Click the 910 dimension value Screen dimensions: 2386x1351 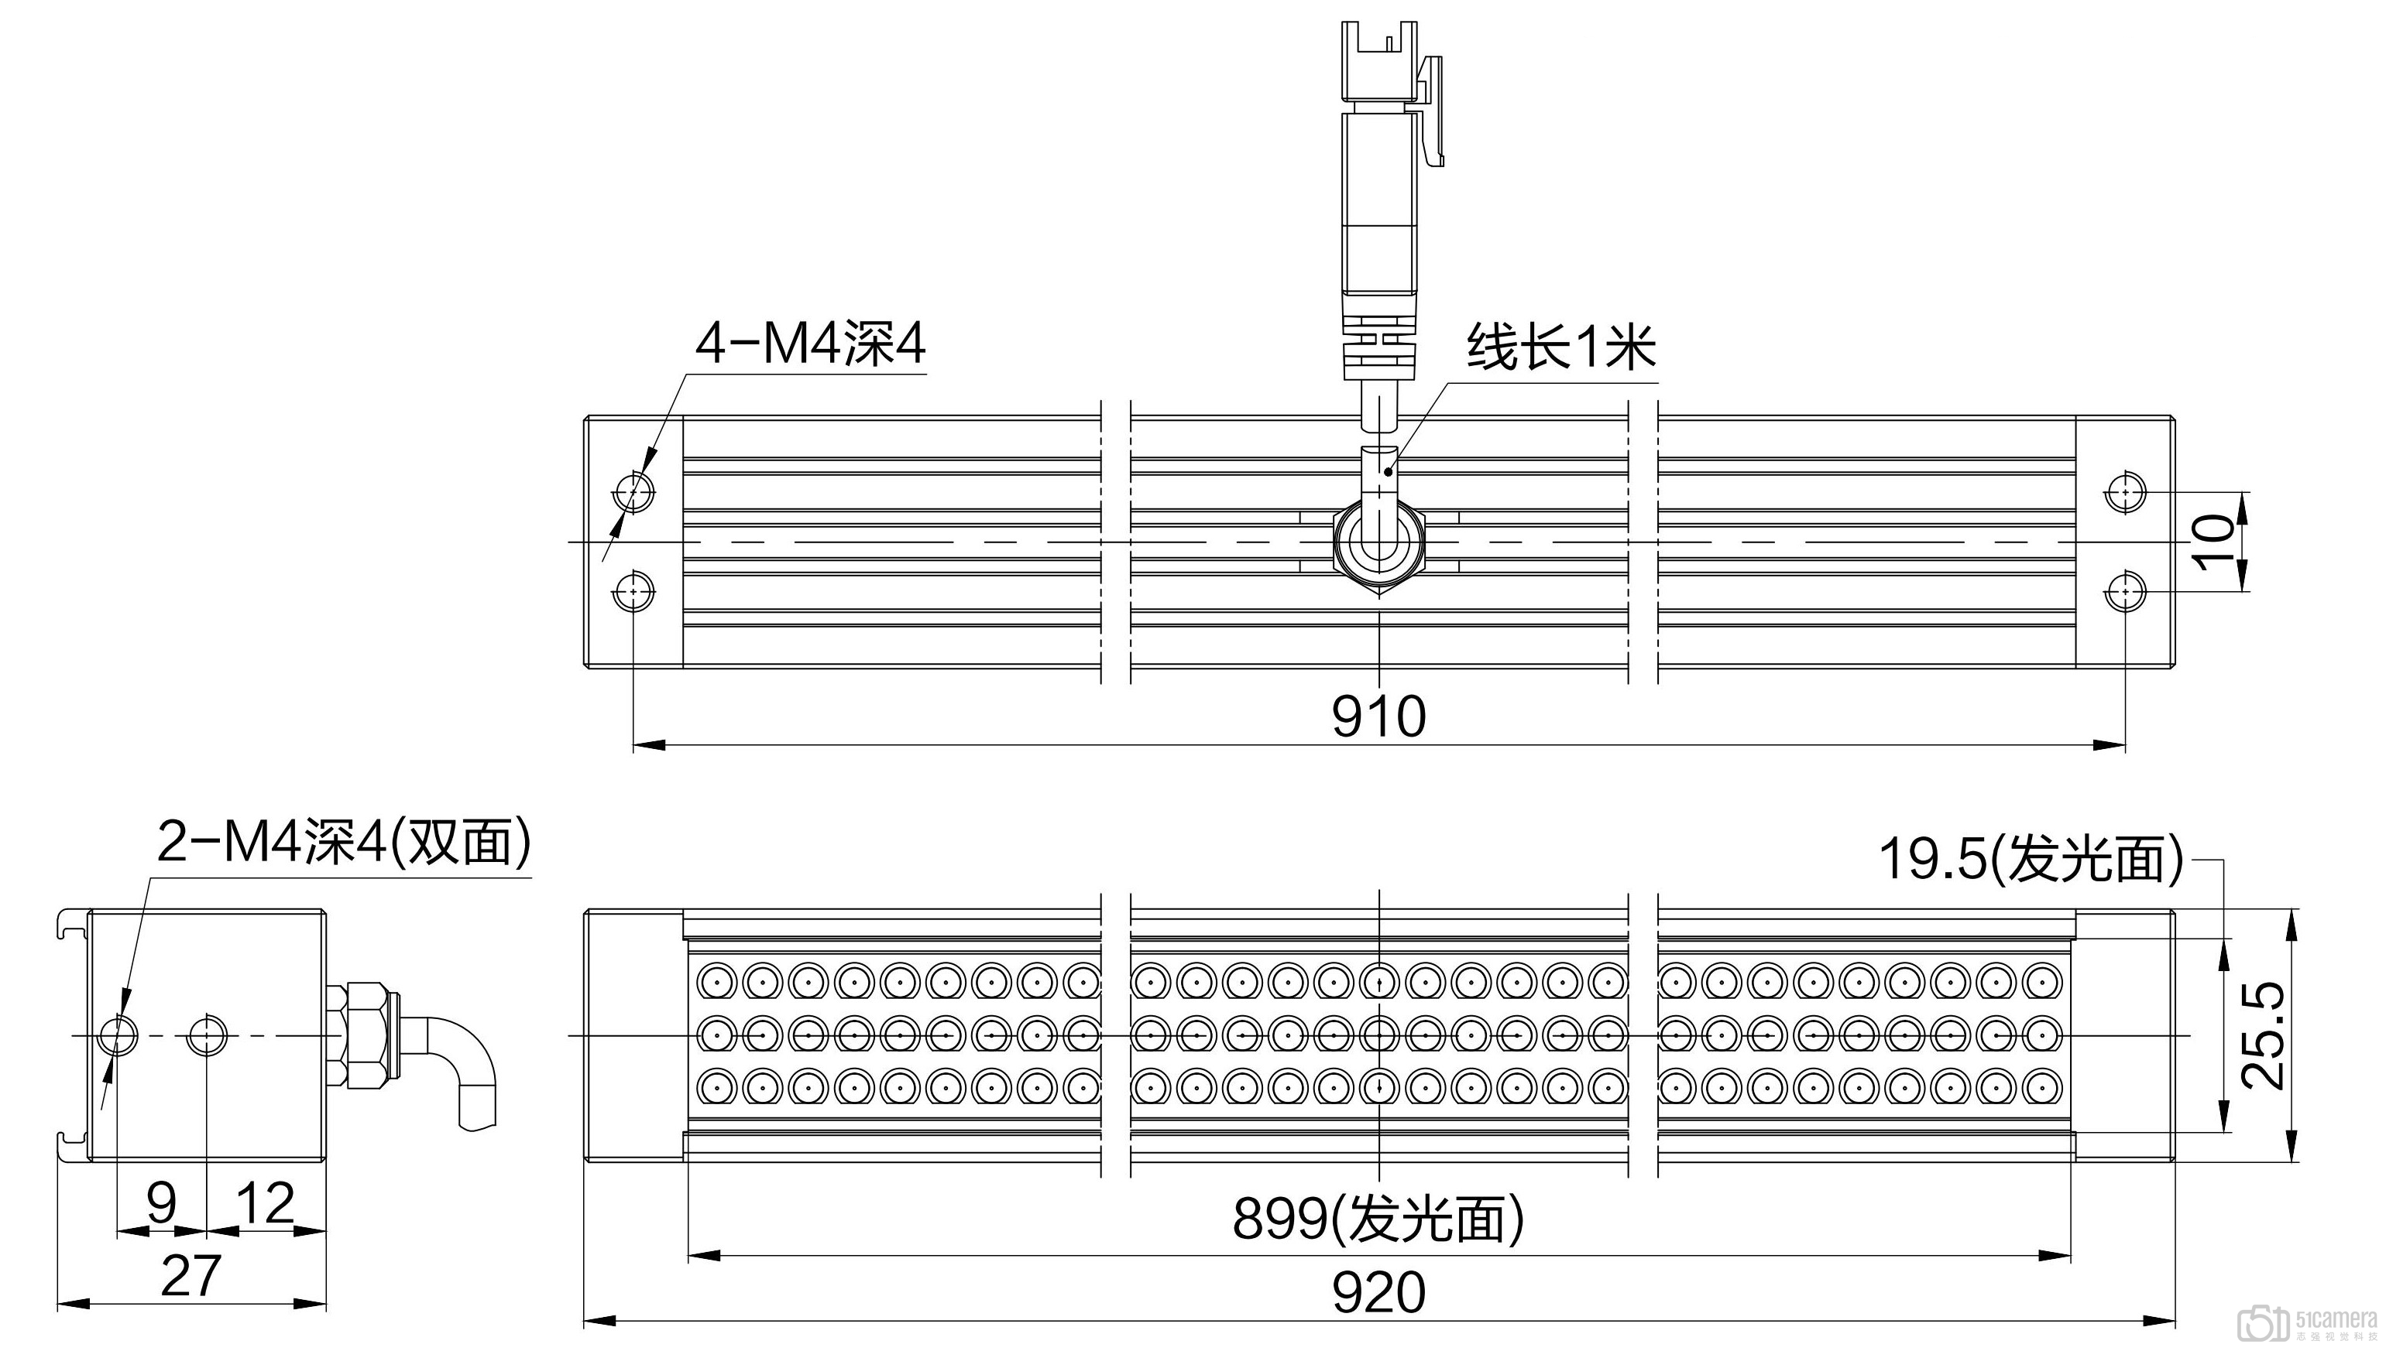point(1378,717)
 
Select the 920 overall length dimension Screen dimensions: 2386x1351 point(1378,1292)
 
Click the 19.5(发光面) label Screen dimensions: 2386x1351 point(2031,858)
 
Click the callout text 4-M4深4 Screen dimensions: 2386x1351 point(811,345)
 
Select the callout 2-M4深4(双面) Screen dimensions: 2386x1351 point(345,843)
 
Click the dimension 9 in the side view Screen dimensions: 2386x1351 point(162,1202)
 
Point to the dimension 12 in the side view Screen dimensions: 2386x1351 point(266,1202)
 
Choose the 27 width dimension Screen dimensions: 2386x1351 point(191,1275)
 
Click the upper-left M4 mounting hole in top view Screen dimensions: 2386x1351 point(634,490)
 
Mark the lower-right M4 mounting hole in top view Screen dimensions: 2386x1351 point(2124,591)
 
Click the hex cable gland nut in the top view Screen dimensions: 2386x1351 point(1378,541)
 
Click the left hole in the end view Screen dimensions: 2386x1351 point(117,1035)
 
